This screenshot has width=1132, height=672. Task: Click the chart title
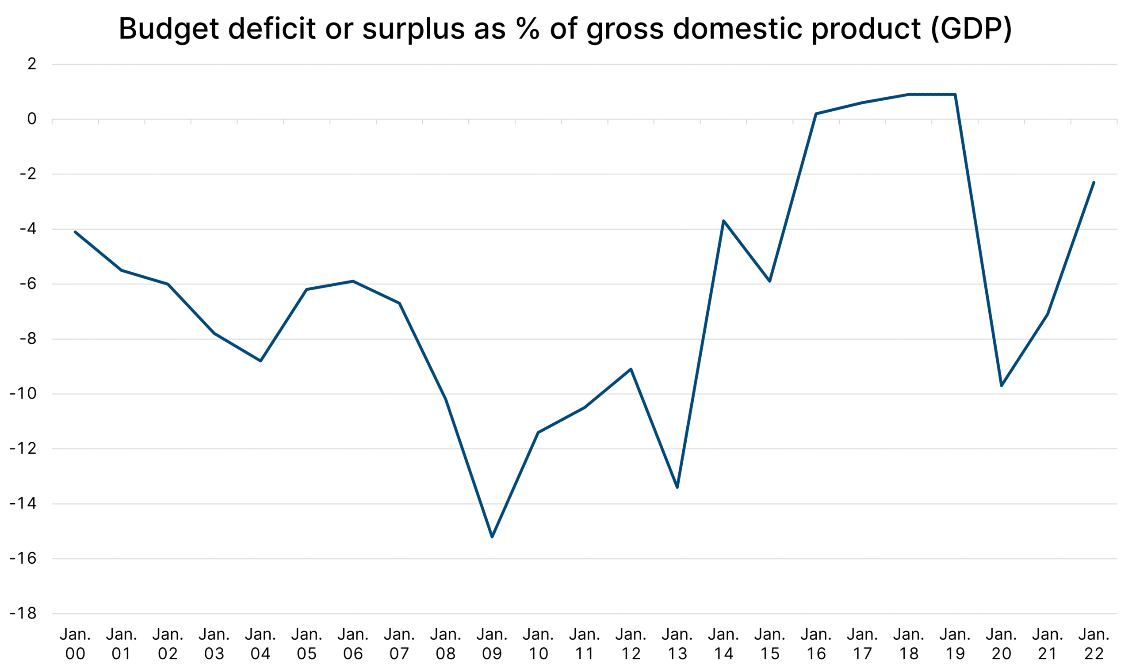(x=565, y=29)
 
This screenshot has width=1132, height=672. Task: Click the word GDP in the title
(x=971, y=29)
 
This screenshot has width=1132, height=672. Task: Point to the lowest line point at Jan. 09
(x=492, y=537)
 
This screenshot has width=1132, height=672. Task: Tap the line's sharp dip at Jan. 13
(x=677, y=487)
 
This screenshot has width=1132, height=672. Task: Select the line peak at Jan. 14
(x=724, y=220)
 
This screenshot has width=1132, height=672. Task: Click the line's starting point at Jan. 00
(x=75, y=232)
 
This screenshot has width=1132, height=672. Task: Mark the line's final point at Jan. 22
(x=1094, y=182)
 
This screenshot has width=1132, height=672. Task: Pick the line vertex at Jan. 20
(x=1002, y=386)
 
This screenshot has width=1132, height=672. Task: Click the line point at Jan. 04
(x=260, y=361)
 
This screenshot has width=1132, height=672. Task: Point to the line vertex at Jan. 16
(x=816, y=114)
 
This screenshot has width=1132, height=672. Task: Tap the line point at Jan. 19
(x=955, y=94)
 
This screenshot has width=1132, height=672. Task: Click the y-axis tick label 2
(x=32, y=65)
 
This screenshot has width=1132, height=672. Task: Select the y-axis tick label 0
(x=32, y=119)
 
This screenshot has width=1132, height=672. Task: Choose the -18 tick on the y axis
(x=23, y=614)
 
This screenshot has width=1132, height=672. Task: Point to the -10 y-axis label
(x=23, y=394)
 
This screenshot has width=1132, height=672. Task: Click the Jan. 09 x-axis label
(x=492, y=643)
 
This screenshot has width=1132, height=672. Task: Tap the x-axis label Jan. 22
(x=1094, y=643)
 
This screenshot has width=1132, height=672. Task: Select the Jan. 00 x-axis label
(x=75, y=643)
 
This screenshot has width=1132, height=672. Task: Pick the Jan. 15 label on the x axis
(x=770, y=643)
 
